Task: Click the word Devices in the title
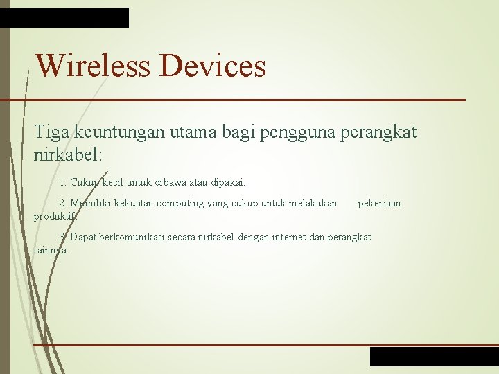click(212, 66)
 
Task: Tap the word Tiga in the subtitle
click(52, 132)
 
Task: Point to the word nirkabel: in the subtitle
click(67, 154)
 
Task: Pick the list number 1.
click(62, 183)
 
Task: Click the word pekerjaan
click(379, 203)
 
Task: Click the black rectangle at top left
click(64, 18)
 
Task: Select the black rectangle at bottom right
click(434, 356)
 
